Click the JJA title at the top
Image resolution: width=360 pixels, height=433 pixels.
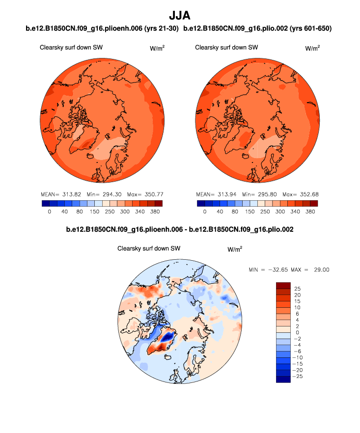click(x=180, y=17)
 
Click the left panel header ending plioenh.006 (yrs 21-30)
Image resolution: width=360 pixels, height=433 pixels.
click(x=102, y=29)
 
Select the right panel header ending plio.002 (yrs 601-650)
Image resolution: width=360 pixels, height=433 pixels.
click(x=257, y=29)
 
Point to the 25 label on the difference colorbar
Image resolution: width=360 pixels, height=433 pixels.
click(x=297, y=287)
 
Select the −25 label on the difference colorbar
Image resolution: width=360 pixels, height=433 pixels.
click(x=299, y=376)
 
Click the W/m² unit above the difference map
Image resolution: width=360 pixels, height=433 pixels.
click(x=235, y=249)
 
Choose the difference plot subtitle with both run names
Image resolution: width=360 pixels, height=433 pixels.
click(x=180, y=229)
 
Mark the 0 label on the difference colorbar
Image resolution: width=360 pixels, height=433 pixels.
click(x=296, y=331)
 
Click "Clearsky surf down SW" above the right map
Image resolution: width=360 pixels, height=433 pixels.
click(x=226, y=48)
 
